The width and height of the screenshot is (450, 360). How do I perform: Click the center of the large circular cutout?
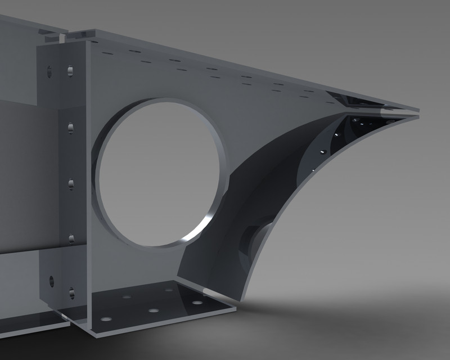[x=160, y=173]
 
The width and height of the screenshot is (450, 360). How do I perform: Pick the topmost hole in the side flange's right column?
[x=70, y=70]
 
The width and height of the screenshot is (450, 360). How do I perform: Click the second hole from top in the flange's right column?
[x=70, y=127]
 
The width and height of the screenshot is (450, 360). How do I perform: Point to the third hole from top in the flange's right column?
[x=71, y=183]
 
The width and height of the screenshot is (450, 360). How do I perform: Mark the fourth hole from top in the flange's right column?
[x=71, y=238]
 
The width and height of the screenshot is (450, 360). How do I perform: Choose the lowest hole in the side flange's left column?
[x=52, y=279]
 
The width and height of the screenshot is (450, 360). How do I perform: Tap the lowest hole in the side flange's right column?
[x=71, y=292]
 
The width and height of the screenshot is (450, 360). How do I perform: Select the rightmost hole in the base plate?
[x=196, y=303]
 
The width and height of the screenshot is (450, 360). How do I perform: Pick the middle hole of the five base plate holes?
[x=152, y=310]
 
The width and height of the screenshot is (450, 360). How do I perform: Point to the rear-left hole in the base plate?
[x=127, y=295]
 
